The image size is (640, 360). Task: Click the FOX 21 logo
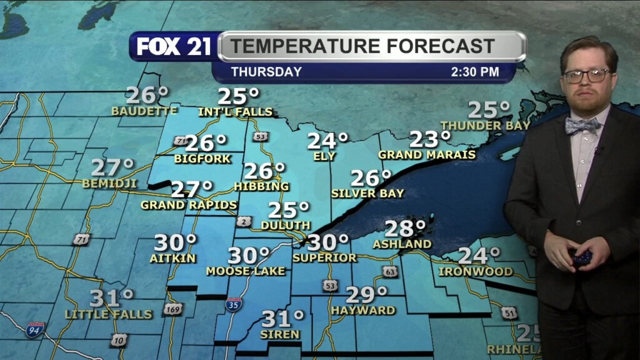[174, 47]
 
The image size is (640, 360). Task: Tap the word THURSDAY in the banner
[266, 72]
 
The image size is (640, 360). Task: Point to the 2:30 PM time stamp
[475, 72]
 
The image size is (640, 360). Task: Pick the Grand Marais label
[427, 154]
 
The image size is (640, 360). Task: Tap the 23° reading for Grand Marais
[430, 139]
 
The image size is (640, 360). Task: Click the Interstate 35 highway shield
[234, 305]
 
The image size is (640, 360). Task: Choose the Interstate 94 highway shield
[35, 329]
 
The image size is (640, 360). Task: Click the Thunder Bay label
[485, 126]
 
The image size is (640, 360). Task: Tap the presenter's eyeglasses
[586, 76]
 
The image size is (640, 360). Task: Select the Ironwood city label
[476, 272]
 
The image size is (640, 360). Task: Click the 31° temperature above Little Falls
[112, 298]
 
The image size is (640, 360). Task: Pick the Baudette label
[144, 111]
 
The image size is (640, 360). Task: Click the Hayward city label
[363, 310]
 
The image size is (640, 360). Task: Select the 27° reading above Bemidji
[113, 167]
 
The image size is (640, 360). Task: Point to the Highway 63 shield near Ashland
[390, 271]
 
